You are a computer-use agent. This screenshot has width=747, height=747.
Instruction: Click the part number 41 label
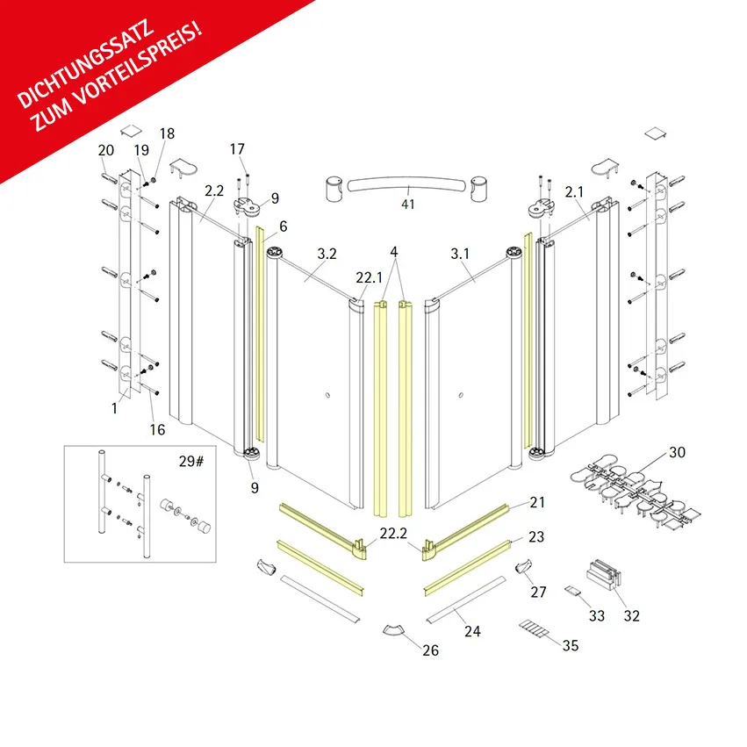(408, 205)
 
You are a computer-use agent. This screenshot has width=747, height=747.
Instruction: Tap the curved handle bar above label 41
(406, 183)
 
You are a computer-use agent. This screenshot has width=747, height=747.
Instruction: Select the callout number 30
(677, 452)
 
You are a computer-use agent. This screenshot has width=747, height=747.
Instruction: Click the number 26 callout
(431, 650)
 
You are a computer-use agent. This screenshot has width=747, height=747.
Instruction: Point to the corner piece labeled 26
(393, 629)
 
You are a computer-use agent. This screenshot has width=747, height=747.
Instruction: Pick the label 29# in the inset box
(191, 461)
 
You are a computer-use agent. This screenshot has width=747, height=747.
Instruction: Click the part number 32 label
(632, 615)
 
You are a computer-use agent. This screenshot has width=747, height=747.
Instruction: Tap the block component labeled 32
(604, 574)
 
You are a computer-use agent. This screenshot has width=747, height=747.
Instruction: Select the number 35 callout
(571, 645)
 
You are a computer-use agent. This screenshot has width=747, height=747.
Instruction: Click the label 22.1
(370, 277)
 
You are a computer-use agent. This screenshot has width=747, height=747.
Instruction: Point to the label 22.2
(393, 533)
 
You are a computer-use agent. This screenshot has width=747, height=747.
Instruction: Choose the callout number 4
(394, 252)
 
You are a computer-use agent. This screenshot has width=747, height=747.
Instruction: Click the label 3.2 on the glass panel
(327, 254)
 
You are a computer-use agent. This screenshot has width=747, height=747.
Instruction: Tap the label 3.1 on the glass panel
(460, 254)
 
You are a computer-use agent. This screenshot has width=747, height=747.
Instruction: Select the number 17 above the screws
(237, 149)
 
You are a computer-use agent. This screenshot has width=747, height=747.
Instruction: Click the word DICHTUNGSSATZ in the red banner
(86, 63)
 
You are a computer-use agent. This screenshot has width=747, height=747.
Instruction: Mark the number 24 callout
(472, 631)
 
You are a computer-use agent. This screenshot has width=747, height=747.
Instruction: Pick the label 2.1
(575, 192)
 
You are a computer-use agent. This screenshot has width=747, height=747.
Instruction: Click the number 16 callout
(157, 430)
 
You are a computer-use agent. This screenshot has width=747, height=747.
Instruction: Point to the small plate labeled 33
(572, 591)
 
